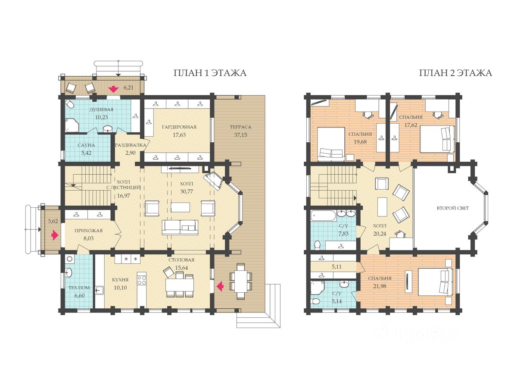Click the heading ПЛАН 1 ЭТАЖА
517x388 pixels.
pos(210,73)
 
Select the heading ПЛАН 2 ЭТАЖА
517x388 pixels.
pos(455,73)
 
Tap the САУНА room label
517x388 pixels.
pos(86,145)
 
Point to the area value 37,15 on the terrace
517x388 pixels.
pos(240,135)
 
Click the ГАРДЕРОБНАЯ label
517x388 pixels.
pos(179,127)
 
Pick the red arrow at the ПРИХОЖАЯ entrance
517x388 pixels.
pos(55,235)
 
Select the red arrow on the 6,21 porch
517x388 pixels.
pos(113,89)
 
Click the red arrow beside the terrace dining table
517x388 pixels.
pos(220,286)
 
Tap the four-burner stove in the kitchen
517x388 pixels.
pos(142,281)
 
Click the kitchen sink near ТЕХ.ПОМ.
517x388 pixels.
pos(100,290)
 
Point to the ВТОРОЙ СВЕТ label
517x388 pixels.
pos(452,208)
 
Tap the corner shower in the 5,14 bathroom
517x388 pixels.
pos(317,288)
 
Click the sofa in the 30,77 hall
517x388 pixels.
pos(180,228)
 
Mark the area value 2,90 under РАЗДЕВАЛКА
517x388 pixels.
pos(130,153)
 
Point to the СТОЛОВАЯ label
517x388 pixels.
pos(181,260)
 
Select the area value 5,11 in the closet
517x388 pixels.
pos(336,267)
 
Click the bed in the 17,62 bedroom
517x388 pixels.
pos(437,139)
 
